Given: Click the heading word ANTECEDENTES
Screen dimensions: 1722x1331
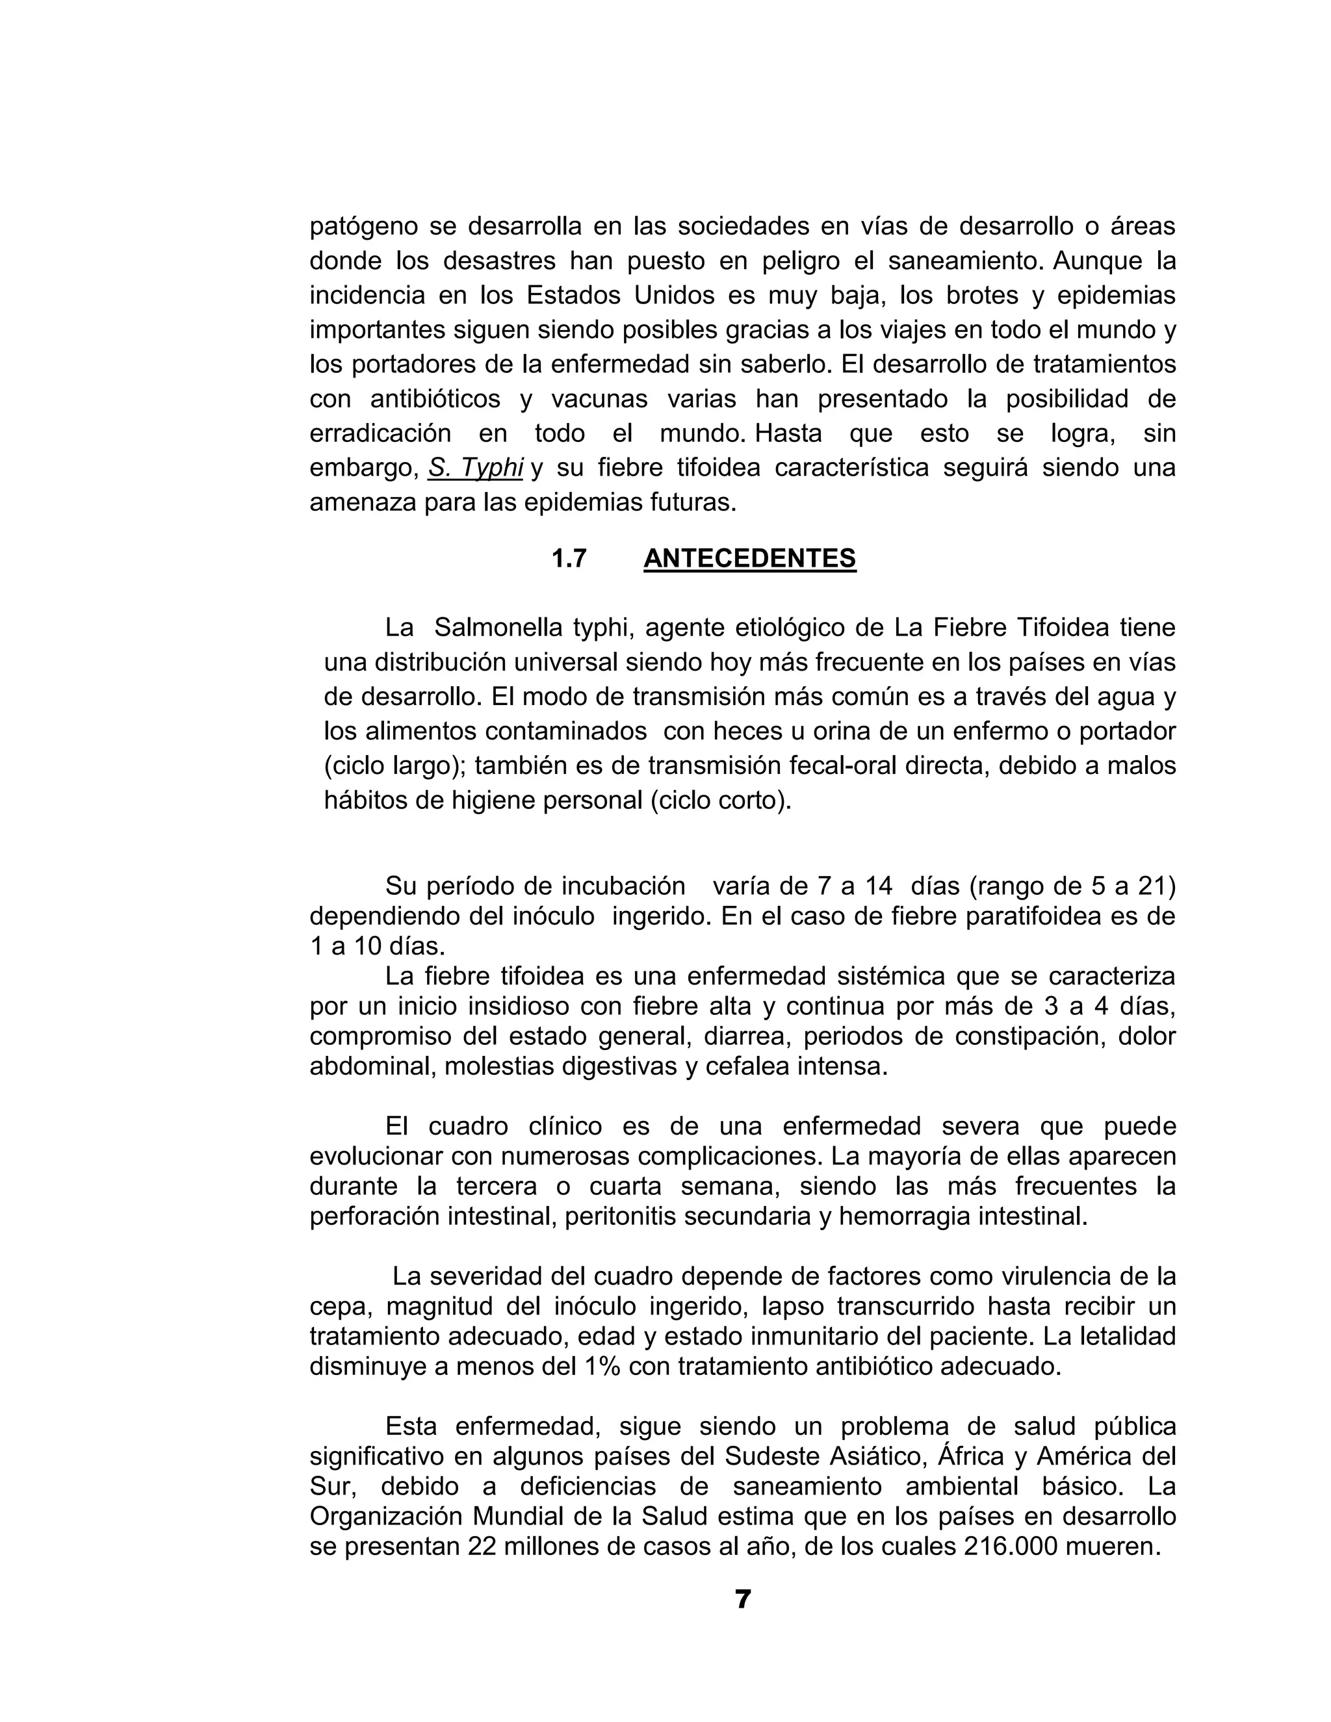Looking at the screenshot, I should click(x=749, y=558).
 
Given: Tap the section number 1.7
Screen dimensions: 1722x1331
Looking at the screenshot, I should click(x=569, y=559).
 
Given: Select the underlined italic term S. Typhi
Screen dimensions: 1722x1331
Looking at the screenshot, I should click(x=476, y=468).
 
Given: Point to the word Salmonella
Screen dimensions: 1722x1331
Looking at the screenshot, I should click(x=496, y=628).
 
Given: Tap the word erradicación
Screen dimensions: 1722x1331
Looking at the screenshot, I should click(x=380, y=433).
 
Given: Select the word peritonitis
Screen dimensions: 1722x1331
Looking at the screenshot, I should click(x=628, y=1216).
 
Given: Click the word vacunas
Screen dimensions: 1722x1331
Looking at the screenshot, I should click(x=599, y=399).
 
